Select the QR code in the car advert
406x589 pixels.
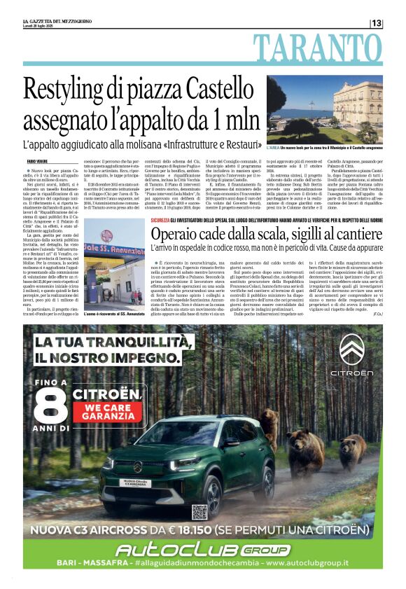pyautogui.click(x=199, y=511)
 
